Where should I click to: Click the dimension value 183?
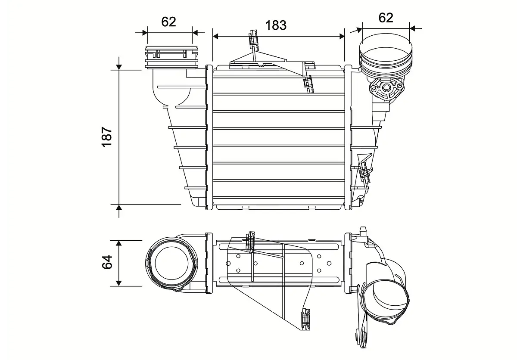[x=276, y=25]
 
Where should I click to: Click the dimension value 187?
[x=107, y=137]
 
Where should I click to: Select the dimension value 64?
[x=107, y=262]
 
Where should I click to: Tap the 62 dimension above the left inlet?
[x=168, y=22]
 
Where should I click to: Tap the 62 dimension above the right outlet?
[x=386, y=18]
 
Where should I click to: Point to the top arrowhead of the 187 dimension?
[x=119, y=66]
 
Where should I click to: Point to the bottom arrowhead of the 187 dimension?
[x=119, y=208]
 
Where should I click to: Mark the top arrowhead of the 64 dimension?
[x=119, y=244]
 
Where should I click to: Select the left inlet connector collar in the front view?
[x=171, y=57]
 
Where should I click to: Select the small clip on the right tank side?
[x=364, y=172]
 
